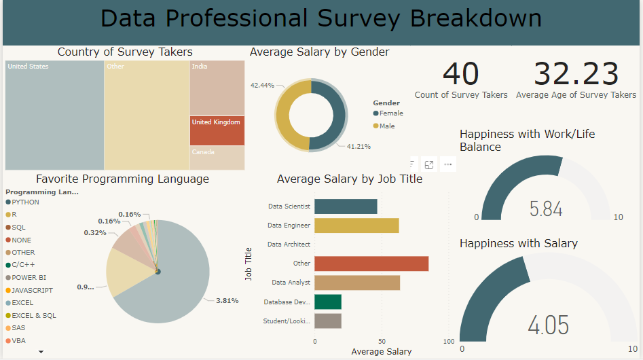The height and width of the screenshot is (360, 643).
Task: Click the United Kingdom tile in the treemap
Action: click(217, 130)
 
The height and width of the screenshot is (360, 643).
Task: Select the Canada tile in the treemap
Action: click(217, 158)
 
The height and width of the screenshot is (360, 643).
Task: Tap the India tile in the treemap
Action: click(217, 88)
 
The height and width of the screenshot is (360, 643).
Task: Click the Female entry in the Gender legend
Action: click(391, 113)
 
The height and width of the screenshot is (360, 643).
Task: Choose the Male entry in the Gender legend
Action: click(386, 126)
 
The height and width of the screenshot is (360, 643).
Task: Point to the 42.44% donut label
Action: click(262, 86)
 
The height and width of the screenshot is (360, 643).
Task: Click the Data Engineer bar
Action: click(356, 226)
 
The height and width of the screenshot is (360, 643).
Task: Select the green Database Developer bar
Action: click(327, 302)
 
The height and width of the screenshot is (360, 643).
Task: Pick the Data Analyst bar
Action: click(357, 283)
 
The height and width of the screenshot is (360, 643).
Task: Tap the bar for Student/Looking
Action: click(327, 321)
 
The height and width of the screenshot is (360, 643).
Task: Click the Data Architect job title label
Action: click(289, 245)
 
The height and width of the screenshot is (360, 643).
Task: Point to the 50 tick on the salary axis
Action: click(382, 341)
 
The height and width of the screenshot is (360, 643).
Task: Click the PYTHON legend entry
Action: click(26, 202)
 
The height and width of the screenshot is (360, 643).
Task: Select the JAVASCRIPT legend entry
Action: click(32, 290)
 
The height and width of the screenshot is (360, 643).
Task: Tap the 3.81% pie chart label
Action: click(227, 300)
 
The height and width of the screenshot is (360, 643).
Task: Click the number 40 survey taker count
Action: click(460, 74)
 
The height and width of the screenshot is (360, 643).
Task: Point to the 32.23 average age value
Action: click(576, 74)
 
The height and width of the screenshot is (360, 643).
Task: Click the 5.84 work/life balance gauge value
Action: click(546, 209)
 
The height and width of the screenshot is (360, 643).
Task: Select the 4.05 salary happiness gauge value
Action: click(548, 325)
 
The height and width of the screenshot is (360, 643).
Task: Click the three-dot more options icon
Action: click(447, 164)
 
